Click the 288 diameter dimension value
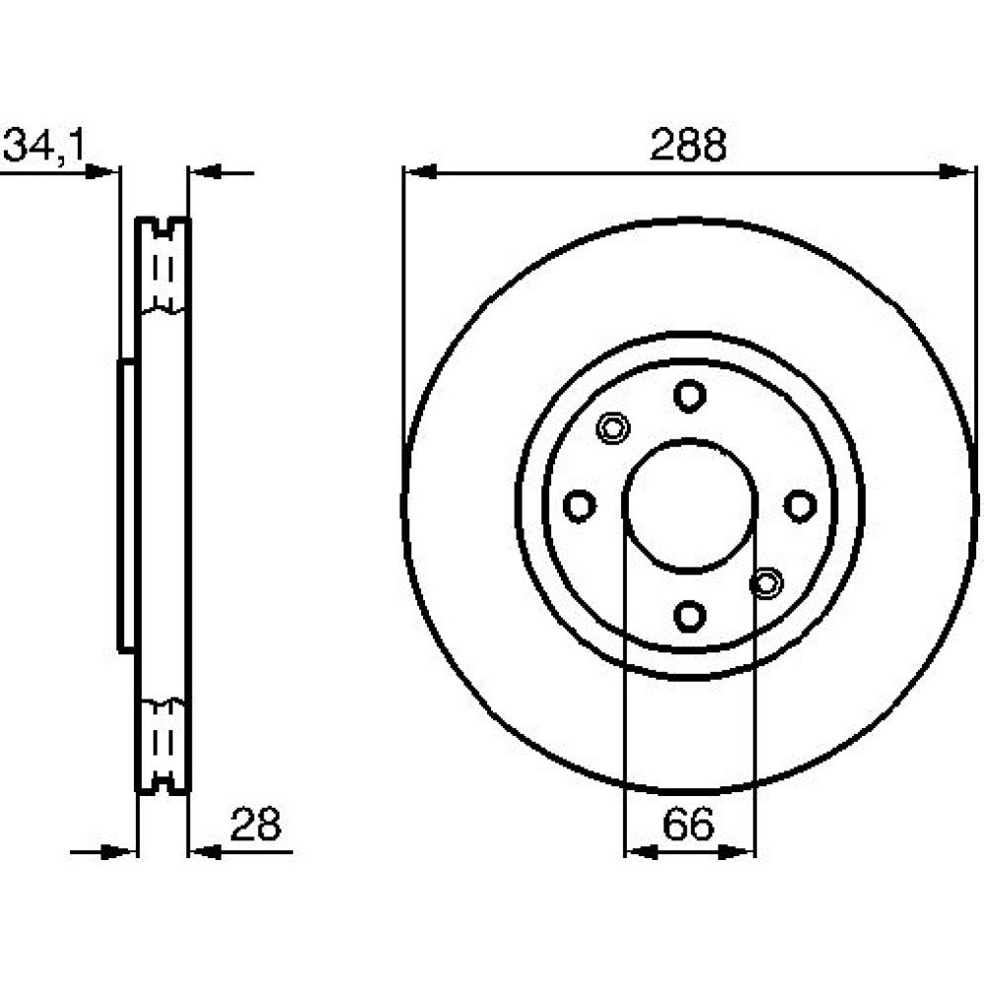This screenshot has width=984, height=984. click(689, 145)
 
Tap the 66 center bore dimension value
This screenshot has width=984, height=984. click(689, 824)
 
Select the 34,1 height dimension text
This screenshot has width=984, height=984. click(44, 146)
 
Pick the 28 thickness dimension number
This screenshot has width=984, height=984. click(256, 824)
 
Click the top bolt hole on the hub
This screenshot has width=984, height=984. click(690, 396)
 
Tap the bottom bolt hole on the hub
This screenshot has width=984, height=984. click(690, 616)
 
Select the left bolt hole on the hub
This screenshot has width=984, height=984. click(580, 506)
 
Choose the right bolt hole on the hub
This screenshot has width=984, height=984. click(800, 506)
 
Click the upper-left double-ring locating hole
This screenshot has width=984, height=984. click(612, 428)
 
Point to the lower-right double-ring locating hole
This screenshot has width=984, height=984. click(767, 583)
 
